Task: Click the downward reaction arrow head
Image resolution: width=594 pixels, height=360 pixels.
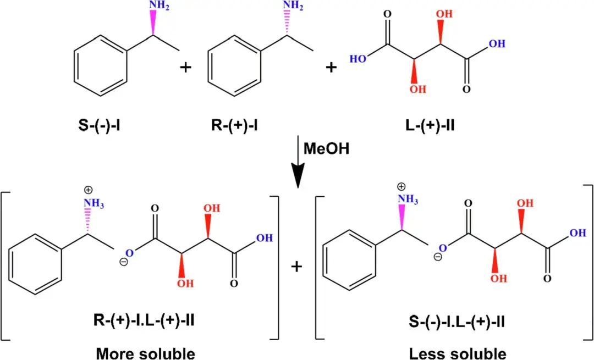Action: pyautogui.click(x=297, y=179)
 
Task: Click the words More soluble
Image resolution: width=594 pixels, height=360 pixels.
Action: pyautogui.click(x=145, y=353)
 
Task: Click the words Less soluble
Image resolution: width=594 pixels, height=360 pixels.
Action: pyautogui.click(x=458, y=353)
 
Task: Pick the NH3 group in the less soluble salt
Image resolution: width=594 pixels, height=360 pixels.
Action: pyautogui.click(x=408, y=198)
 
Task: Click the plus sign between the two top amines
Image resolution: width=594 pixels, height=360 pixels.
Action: pyautogui.click(x=187, y=67)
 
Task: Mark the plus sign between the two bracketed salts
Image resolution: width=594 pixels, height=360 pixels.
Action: pyautogui.click(x=297, y=267)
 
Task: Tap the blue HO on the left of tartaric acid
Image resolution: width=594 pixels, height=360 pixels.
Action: pyautogui.click(x=359, y=57)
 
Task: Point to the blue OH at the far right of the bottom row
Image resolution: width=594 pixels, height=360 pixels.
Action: pyautogui.click(x=577, y=233)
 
